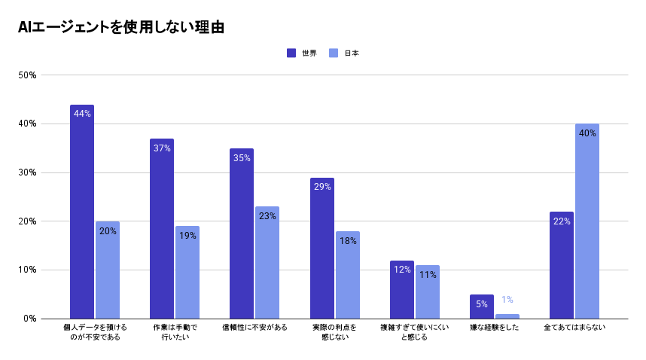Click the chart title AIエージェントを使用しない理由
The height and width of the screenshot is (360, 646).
point(121,28)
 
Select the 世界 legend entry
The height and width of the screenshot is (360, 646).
point(301,53)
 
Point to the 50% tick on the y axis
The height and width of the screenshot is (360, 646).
point(28,75)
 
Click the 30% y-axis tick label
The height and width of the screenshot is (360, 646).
point(28,172)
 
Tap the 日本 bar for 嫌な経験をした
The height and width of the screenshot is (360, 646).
point(507,316)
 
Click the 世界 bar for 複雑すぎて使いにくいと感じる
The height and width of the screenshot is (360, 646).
point(401,290)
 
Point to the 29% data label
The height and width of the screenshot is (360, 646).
point(322,187)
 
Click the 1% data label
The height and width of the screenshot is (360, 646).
point(507,300)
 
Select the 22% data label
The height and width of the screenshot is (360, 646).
point(562,221)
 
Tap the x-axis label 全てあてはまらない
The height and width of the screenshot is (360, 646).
point(574,328)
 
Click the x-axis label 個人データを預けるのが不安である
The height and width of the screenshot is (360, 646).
point(95,332)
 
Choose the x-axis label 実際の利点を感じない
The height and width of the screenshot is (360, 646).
point(334,332)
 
